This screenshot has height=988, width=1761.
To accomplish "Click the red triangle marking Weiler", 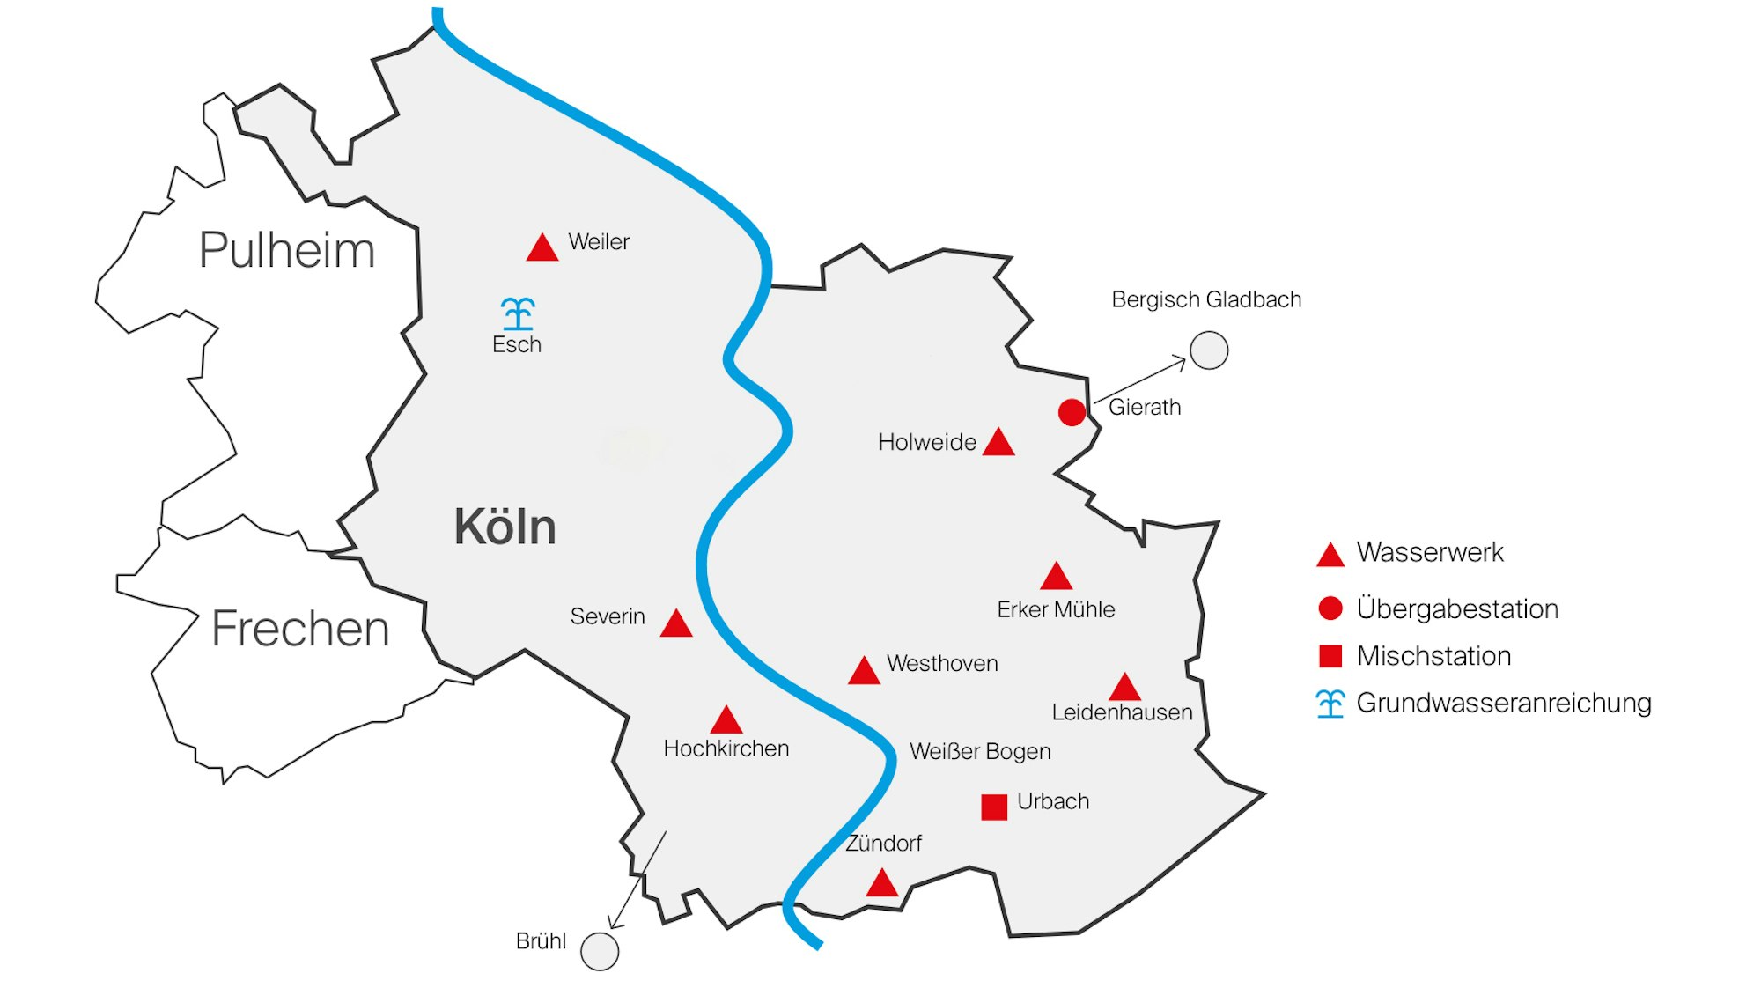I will pyautogui.click(x=542, y=249).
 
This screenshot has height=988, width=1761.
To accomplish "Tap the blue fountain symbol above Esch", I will pyautogui.click(x=518, y=313).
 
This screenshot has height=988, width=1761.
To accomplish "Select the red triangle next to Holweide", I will pyautogui.click(x=998, y=443).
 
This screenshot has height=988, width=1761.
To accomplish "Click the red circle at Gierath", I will pyautogui.click(x=1072, y=412).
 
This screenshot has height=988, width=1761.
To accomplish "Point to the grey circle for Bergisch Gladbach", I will pyautogui.click(x=1209, y=350).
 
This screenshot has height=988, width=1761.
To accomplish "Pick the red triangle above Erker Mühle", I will pyautogui.click(x=1056, y=578).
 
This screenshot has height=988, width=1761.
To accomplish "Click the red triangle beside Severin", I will pyautogui.click(x=676, y=624).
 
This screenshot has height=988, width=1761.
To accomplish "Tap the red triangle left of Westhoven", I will pyautogui.click(x=864, y=672).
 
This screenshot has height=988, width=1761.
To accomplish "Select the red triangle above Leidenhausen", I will pyautogui.click(x=1124, y=688).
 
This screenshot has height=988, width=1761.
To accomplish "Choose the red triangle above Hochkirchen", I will pyautogui.click(x=726, y=721).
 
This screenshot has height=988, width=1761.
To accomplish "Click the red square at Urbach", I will pyautogui.click(x=994, y=807).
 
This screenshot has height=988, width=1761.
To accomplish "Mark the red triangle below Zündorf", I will pyautogui.click(x=881, y=884).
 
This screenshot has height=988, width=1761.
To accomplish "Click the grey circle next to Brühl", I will pyautogui.click(x=601, y=952).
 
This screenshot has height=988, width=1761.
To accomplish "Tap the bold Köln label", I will pyautogui.click(x=505, y=527).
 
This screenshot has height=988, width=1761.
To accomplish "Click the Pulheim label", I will pyautogui.click(x=287, y=250).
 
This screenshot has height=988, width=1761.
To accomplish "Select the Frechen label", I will pyautogui.click(x=300, y=629).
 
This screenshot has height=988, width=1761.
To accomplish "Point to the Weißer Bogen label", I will pyautogui.click(x=980, y=751).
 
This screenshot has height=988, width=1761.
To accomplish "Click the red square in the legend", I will pyautogui.click(x=1330, y=656).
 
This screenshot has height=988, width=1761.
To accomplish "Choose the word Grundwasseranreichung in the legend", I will pyautogui.click(x=1504, y=703).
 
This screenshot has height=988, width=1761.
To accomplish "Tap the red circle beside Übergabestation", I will pyautogui.click(x=1330, y=608).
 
